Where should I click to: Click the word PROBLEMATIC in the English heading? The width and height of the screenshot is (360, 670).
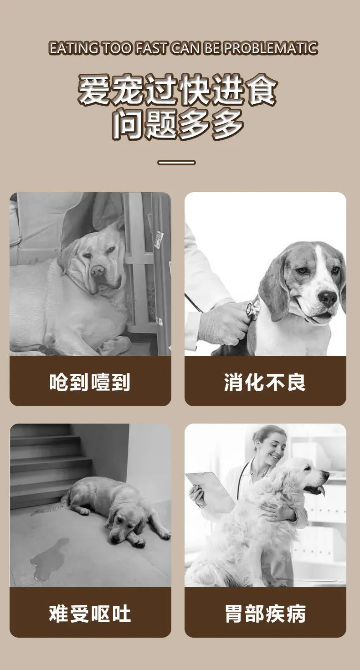pos(271,48)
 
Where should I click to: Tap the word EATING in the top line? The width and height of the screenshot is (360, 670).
pos(74,48)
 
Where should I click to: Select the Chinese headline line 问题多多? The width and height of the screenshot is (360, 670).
pos(178,124)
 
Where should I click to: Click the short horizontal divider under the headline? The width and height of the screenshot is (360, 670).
pos(176,163)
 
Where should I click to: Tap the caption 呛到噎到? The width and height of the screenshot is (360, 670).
pos(90,382)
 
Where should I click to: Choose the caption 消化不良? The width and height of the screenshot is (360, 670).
pos(265,382)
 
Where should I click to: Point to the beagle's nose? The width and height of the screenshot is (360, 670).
pos(328,297)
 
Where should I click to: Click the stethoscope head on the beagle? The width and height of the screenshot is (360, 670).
pos(253,308)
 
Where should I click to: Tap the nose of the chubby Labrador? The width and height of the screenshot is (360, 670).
pos(98,271)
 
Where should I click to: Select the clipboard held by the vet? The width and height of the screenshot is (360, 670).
pos(211,491)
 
